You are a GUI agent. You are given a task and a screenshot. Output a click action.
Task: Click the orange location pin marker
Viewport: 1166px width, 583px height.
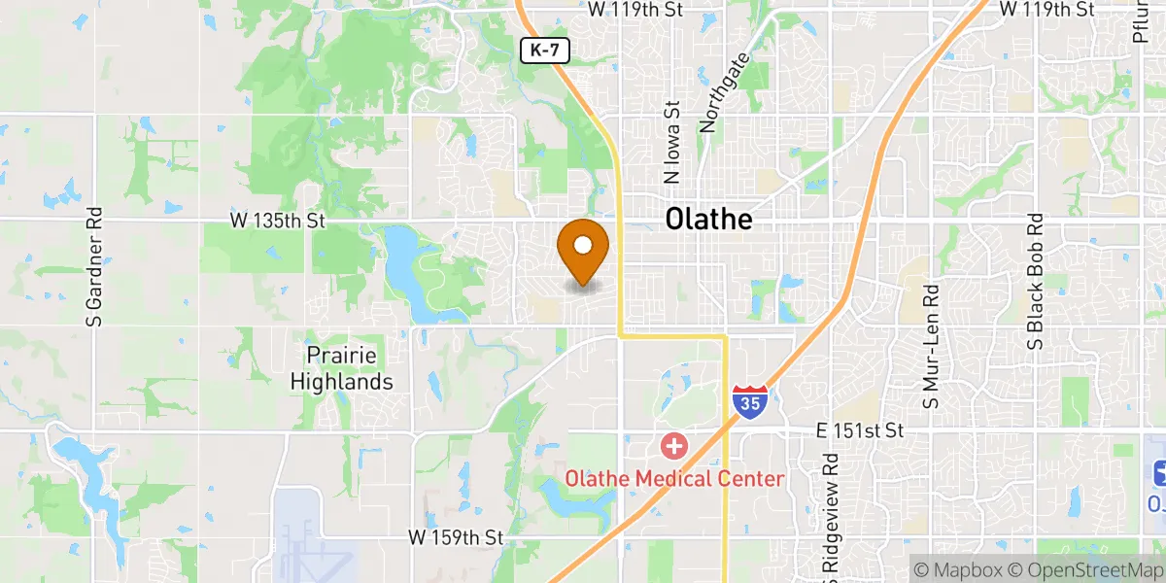point(583,249)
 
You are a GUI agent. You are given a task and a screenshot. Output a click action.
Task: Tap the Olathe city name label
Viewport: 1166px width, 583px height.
point(708,220)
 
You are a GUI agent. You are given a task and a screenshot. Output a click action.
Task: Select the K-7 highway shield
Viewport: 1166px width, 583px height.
point(546,51)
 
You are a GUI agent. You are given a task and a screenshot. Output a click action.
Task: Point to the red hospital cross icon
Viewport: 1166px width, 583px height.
point(673,447)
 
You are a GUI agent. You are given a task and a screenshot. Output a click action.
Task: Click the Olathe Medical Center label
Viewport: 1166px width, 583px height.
point(675,478)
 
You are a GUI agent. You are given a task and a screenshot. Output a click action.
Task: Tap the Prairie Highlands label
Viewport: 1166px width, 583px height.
point(342,368)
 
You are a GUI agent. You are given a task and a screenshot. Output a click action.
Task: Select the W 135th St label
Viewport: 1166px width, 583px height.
point(277,222)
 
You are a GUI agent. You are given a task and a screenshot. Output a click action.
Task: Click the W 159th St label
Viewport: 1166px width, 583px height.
point(455,536)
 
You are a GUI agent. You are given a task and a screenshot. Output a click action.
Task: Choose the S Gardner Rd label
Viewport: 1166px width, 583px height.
point(94,265)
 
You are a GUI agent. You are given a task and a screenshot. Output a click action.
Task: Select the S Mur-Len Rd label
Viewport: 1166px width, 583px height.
point(931,346)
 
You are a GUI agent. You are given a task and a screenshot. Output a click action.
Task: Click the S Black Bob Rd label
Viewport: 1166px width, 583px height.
point(1036,282)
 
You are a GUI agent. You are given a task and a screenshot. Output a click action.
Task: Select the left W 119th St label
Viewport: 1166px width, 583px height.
point(636,10)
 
